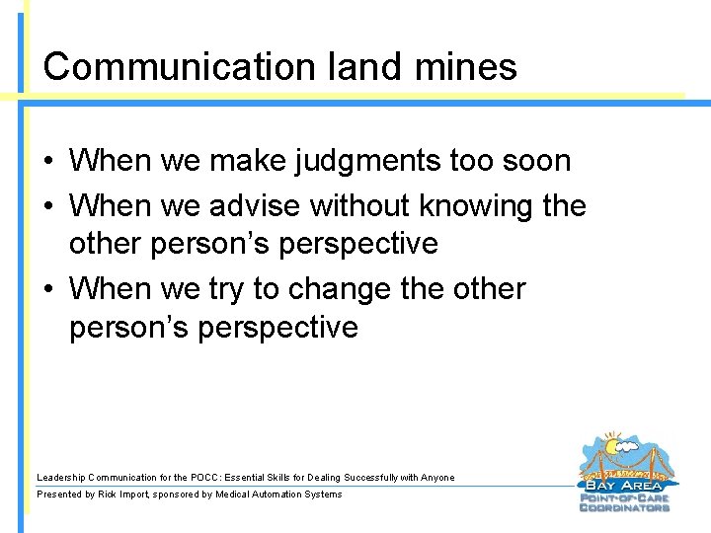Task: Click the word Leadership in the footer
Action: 62,478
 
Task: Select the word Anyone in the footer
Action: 437,478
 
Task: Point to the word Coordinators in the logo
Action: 624,507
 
